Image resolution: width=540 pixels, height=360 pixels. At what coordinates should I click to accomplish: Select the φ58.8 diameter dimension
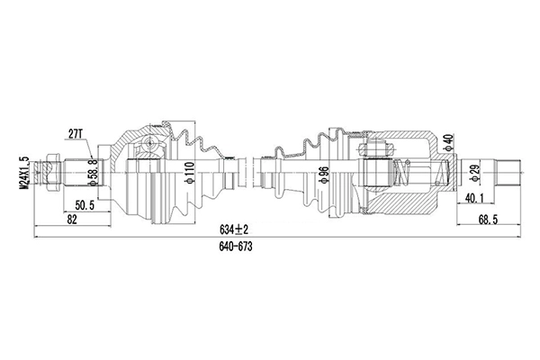[93, 171]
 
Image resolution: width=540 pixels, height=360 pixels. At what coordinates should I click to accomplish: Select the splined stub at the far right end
[508, 169]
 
